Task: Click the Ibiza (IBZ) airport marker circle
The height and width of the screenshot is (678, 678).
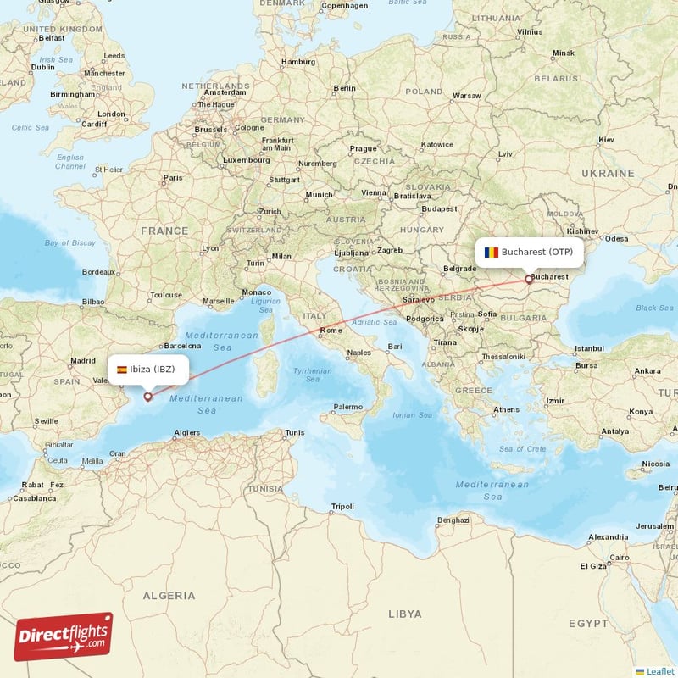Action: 148,396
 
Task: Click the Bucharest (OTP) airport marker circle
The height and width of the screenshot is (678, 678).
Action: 529,278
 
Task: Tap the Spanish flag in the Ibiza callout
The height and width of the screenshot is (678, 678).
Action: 122,370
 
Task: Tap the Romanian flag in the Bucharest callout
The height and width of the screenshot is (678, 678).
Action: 491,252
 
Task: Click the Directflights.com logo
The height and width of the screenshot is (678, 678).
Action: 64,636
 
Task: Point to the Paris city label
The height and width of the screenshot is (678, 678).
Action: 173,178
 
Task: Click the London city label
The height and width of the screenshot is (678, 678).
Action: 111,114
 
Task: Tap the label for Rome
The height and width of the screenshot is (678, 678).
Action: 331,331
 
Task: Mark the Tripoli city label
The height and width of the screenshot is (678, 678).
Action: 342,507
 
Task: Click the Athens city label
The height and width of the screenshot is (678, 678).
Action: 507,409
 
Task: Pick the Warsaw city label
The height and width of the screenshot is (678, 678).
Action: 466,96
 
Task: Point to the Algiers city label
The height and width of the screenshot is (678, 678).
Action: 186,432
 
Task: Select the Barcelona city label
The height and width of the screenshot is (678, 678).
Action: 183,346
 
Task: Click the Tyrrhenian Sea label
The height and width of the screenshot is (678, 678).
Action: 312,375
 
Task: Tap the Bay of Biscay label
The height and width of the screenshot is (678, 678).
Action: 70,243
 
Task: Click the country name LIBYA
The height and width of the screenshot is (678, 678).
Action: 403,613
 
